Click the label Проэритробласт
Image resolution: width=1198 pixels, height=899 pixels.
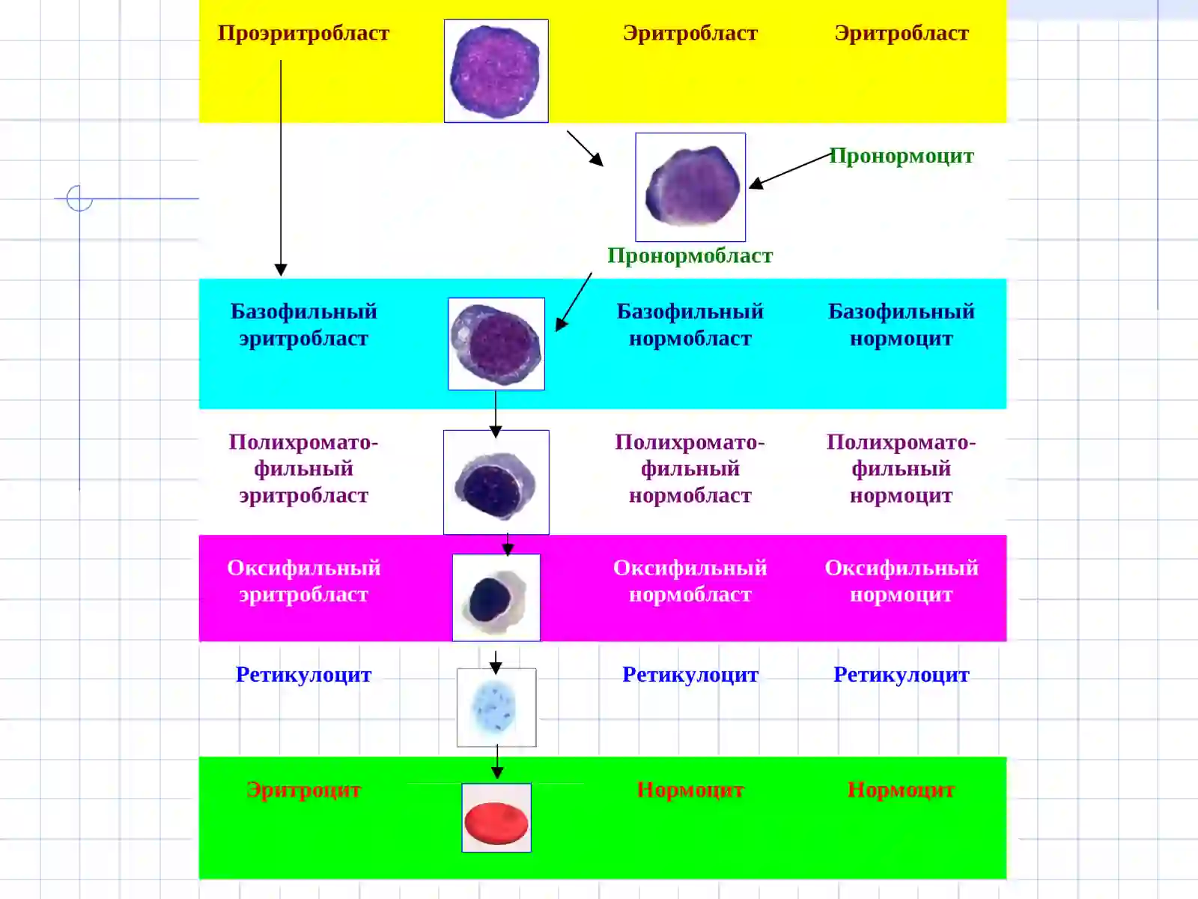click(303, 33)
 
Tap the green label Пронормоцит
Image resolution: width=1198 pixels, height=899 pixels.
click(901, 156)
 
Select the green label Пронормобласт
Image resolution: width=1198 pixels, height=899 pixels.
click(690, 255)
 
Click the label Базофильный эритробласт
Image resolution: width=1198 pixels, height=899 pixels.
click(303, 325)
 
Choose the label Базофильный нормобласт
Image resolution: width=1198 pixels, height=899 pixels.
click(690, 325)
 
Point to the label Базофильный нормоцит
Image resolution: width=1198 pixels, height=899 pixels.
click(901, 325)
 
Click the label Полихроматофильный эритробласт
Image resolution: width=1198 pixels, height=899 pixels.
click(303, 469)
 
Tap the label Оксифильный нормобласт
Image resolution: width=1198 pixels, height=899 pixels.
click(690, 581)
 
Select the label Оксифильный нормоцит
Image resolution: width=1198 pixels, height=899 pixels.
click(901, 581)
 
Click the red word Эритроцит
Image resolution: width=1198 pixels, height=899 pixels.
click(303, 790)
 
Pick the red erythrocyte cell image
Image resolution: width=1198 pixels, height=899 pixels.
click(496, 817)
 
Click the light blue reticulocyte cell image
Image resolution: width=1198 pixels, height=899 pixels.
click(496, 707)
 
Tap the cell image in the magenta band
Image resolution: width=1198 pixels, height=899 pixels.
click(496, 597)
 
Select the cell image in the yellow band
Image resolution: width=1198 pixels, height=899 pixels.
click(496, 71)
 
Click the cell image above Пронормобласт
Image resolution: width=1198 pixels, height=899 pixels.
click(690, 187)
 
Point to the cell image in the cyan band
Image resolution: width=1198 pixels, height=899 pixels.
click(496, 344)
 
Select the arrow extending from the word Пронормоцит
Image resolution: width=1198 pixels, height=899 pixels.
click(790, 171)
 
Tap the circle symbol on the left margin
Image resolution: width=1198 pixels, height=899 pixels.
click(79, 198)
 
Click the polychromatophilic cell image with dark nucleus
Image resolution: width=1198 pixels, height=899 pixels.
click(496, 482)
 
